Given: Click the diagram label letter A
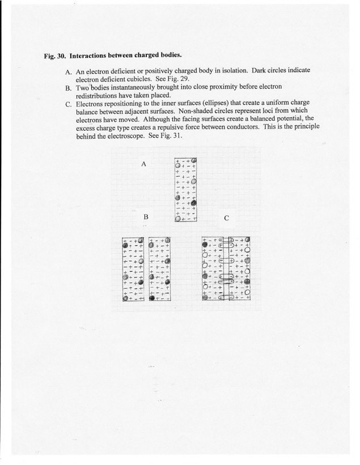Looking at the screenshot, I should pyautogui.click(x=144, y=164).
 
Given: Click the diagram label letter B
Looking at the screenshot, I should pyautogui.click(x=146, y=217).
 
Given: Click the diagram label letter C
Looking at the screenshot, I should pyautogui.click(x=227, y=217).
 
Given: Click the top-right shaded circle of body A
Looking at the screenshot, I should pyautogui.click(x=194, y=160).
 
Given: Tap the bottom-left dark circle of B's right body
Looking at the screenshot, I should pyautogui.click(x=152, y=297).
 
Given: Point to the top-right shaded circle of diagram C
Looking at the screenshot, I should pyautogui.click(x=247, y=239).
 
